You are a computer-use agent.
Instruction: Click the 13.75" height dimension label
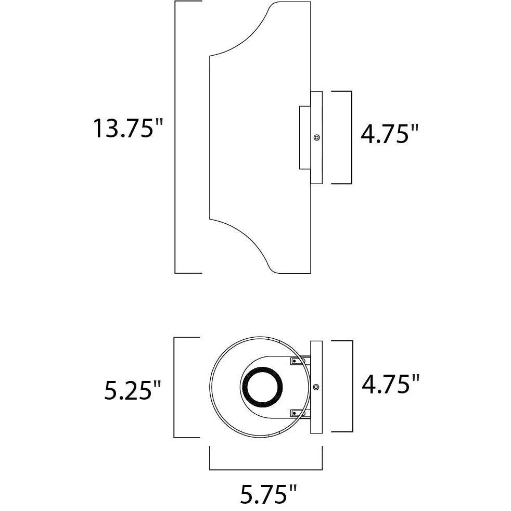pyautogui.click(x=128, y=129)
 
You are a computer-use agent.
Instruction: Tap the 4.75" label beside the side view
pyautogui.click(x=389, y=134)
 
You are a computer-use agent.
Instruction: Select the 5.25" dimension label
pyautogui.click(x=133, y=390)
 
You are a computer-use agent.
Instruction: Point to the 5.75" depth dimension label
pyautogui.click(x=269, y=494)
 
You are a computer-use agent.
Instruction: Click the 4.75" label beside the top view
pyautogui.click(x=390, y=384)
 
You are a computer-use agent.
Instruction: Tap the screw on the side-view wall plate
pyautogui.click(x=316, y=137)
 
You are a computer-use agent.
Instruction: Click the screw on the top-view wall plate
pyautogui.click(x=316, y=387)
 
